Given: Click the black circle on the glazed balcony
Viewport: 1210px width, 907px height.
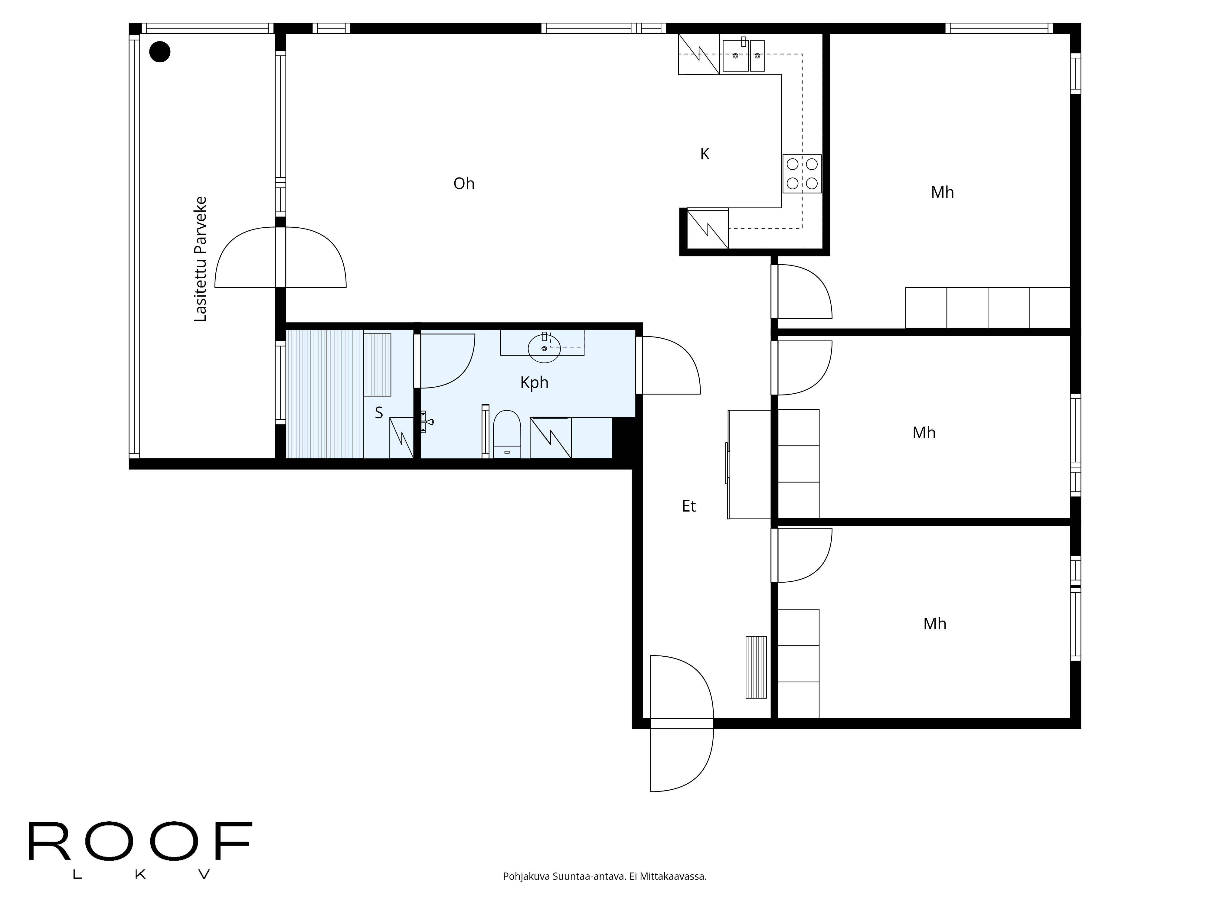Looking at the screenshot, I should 160,52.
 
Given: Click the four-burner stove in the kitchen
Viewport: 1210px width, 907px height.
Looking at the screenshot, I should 802,174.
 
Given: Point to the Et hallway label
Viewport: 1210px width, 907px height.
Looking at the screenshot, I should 689,507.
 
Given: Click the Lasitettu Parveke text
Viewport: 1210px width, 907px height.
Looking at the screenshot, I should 201,259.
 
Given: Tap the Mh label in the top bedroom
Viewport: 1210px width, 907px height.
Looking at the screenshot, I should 942,193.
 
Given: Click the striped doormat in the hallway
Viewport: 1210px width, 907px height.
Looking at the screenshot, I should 756,667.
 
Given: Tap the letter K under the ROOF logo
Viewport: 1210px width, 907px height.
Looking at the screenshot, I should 140,875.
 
